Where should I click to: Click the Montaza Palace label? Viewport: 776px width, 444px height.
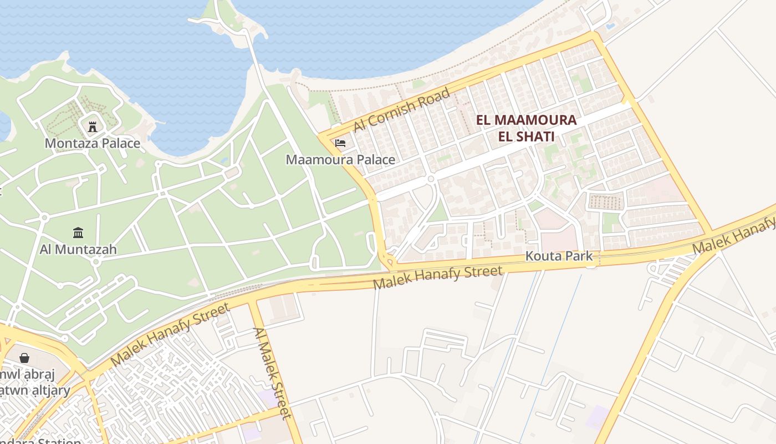point(92,143)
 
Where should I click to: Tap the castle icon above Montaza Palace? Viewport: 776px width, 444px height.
point(93,127)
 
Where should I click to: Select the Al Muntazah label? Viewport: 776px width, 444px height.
point(78,249)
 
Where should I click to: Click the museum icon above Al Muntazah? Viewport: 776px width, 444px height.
point(78,233)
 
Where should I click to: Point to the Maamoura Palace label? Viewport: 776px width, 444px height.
point(340,160)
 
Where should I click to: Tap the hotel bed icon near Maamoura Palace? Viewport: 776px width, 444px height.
point(340,143)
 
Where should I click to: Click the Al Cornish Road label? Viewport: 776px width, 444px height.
point(402,110)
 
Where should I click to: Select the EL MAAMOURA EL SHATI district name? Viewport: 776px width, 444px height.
point(526,128)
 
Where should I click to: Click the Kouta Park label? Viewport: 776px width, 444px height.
point(559,256)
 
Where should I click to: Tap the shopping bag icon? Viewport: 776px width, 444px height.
point(24,358)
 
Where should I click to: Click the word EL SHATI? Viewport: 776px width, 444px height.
point(526,136)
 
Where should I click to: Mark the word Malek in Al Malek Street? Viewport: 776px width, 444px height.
point(273,377)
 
